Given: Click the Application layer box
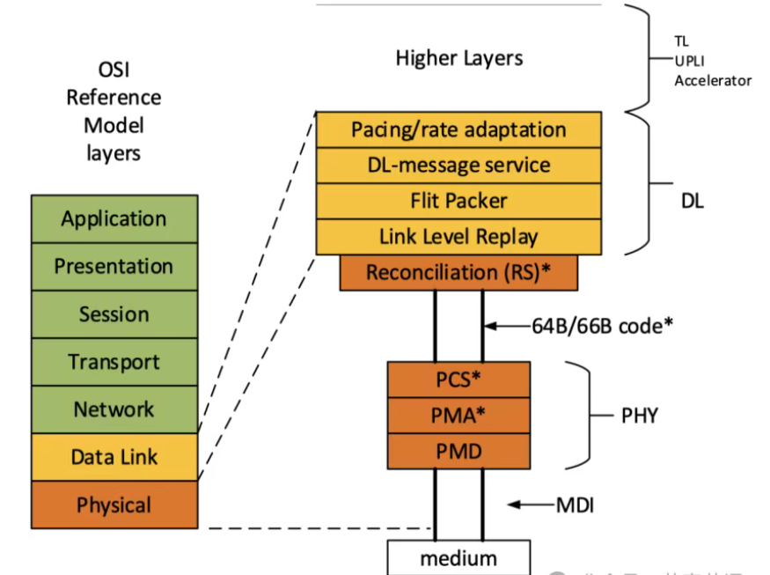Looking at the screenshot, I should pyautogui.click(x=114, y=218).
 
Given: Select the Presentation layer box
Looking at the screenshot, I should pyautogui.click(x=114, y=266).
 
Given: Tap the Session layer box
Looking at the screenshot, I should pyautogui.click(x=114, y=314).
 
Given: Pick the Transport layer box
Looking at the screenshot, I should pyautogui.click(x=114, y=362).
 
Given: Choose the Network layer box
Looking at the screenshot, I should pyautogui.click(x=114, y=409).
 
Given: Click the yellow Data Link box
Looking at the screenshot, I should pyautogui.click(x=114, y=457).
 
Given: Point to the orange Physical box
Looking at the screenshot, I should pyautogui.click(x=114, y=505).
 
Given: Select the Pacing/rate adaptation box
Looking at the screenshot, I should pyautogui.click(x=458, y=129).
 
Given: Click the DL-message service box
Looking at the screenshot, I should pyautogui.click(x=458, y=166).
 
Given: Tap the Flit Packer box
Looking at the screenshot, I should pyautogui.click(x=458, y=202).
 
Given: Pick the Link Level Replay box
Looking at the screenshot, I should pyautogui.click(x=458, y=237).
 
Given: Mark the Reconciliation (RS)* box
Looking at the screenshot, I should pyautogui.click(x=458, y=273).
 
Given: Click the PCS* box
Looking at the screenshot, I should pyautogui.click(x=458, y=380).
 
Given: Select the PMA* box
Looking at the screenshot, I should pyautogui.click(x=458, y=415).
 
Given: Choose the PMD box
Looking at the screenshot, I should pyautogui.click(x=458, y=451).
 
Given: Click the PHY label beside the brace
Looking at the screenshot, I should pyautogui.click(x=639, y=416).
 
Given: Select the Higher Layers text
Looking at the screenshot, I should pyautogui.click(x=458, y=59).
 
